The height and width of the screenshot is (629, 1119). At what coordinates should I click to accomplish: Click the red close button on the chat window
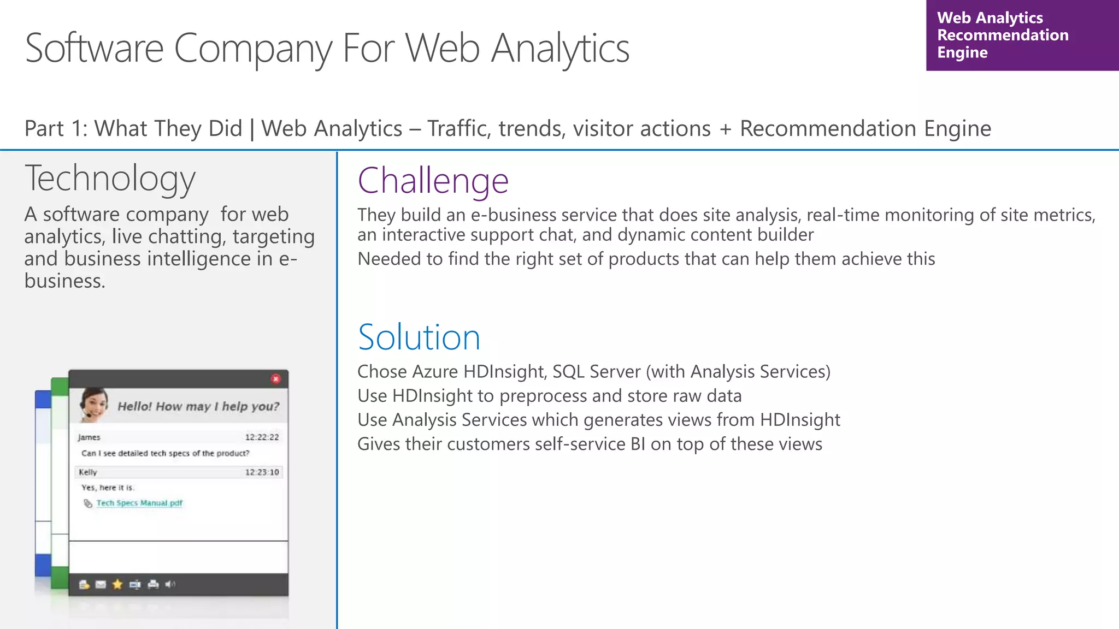pos(276,379)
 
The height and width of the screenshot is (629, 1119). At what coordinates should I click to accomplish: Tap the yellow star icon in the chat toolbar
pos(117,584)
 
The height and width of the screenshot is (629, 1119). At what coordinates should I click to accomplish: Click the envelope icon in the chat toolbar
pos(101,584)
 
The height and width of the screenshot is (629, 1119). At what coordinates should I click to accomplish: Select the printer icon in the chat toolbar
pos(153,584)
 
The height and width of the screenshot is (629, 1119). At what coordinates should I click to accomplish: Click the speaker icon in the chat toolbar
pos(170,584)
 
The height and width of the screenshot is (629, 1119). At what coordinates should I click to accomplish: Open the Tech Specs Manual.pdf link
pos(139,503)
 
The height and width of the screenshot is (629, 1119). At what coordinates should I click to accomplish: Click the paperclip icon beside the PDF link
pos(87,503)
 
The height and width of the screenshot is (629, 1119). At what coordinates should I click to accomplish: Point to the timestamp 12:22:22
pos(262,437)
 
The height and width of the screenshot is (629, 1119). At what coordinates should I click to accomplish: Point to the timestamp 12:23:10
pos(262,472)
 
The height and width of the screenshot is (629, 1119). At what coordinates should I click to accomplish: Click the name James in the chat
pos(89,437)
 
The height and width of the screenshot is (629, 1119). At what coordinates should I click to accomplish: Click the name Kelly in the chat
pos(87,472)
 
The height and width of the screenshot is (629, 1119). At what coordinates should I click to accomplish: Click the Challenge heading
pos(433,181)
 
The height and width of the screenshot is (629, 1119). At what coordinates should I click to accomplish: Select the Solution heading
pos(419,337)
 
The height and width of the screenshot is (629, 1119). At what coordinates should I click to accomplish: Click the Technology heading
pos(110,178)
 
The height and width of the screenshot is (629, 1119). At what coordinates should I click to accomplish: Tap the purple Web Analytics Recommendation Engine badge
pos(1022,35)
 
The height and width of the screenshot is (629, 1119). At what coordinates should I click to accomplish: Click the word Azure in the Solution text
pos(435,371)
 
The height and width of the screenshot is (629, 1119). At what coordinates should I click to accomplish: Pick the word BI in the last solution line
pos(638,444)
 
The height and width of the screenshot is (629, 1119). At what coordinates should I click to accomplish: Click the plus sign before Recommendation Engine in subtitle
pos(725,129)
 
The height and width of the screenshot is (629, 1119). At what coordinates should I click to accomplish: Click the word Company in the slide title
pos(252,49)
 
